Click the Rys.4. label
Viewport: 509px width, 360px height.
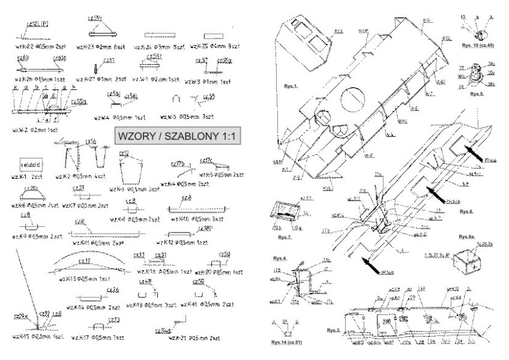280,258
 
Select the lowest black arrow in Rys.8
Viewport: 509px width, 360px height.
372,264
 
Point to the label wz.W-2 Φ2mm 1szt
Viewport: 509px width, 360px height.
35,130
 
